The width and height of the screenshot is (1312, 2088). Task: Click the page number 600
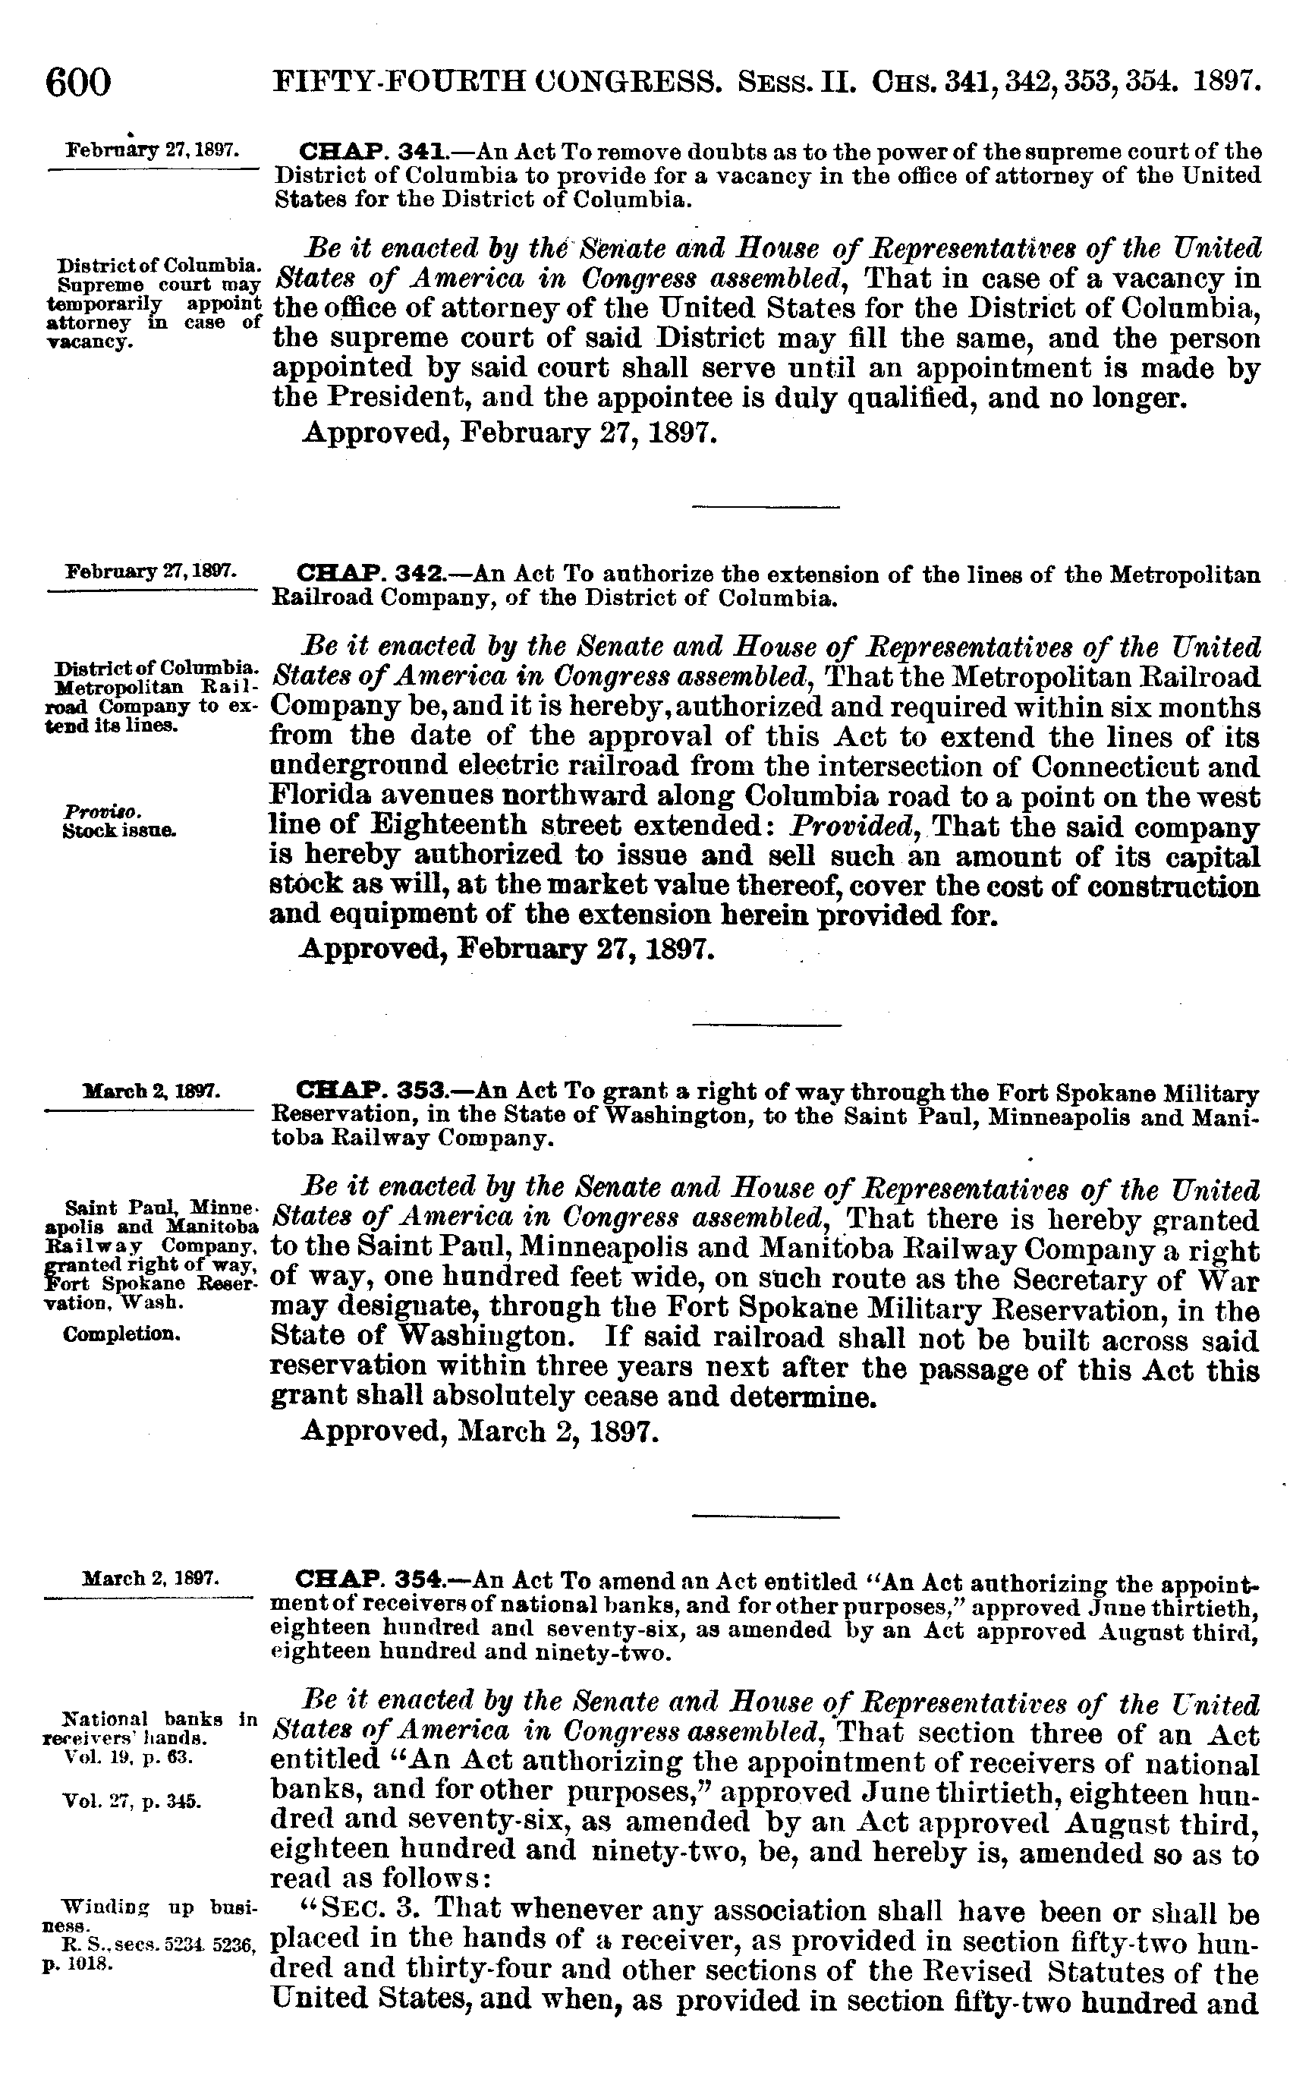coord(79,84)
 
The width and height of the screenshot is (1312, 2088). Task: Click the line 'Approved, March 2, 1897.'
coord(480,1429)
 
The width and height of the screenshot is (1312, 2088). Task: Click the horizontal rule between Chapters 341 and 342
coord(766,506)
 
